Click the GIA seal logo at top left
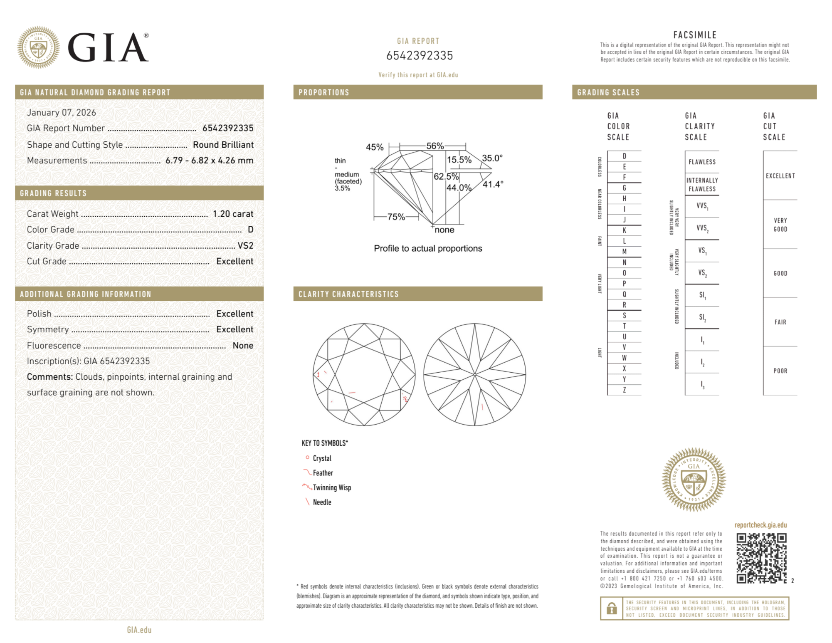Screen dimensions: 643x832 coord(38,47)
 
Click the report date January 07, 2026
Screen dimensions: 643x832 coord(62,113)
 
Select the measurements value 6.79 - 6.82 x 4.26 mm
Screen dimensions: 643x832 coord(209,161)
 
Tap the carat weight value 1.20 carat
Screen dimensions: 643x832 coord(233,214)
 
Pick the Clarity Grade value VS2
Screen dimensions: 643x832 coord(245,246)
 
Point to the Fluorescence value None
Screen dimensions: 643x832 coord(243,346)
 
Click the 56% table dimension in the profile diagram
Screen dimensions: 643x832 coord(435,146)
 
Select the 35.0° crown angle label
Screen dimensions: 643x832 coord(492,158)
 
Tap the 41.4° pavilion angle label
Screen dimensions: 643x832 coord(493,184)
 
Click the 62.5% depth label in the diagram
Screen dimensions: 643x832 coord(446,176)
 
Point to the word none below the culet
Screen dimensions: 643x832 coord(444,230)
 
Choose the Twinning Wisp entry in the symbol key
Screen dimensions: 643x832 coord(332,487)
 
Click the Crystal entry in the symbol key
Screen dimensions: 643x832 coord(322,458)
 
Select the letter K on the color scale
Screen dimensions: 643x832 coord(624,230)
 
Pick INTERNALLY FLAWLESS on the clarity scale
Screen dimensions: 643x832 coord(702,185)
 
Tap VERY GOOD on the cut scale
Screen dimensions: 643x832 coord(780,225)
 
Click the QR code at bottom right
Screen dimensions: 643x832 coord(761,558)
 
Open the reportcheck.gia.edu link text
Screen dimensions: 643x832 coord(760,525)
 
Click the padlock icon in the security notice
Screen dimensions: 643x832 coord(611,608)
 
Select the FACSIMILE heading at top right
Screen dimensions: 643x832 coord(695,35)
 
